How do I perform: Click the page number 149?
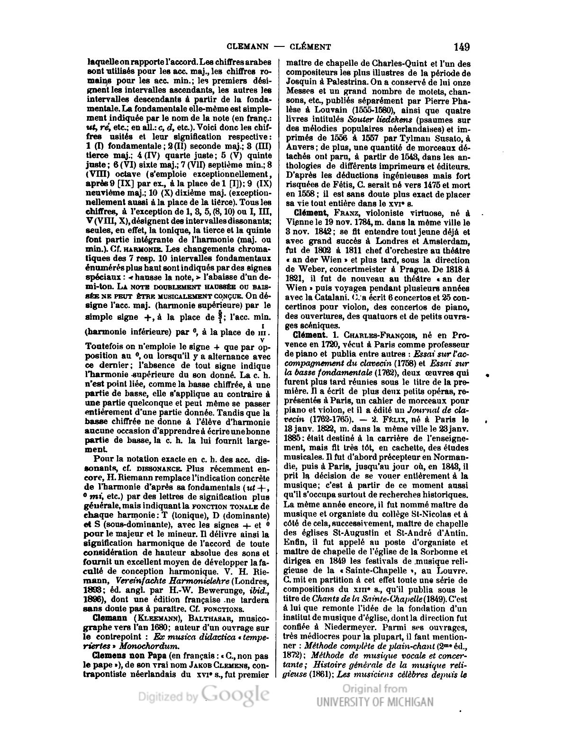tap(461, 46)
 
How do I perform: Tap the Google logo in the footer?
tap(236, 695)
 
